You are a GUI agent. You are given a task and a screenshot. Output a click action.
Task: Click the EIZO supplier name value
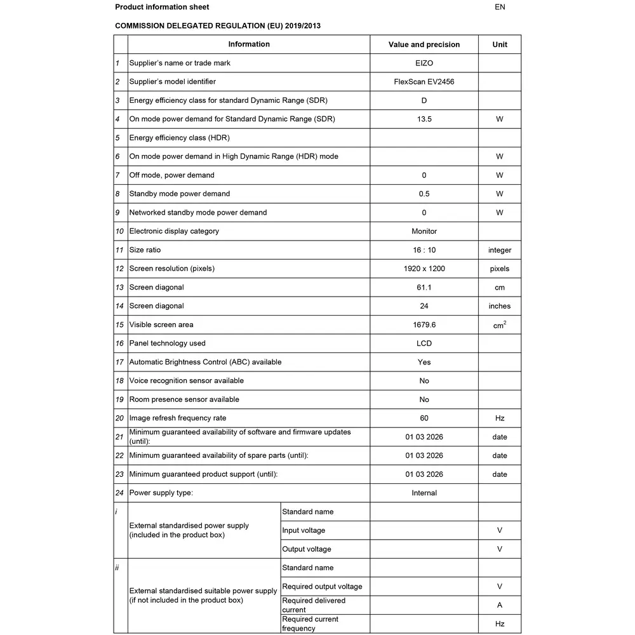click(424, 63)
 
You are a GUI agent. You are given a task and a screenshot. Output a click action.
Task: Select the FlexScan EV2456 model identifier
click(424, 82)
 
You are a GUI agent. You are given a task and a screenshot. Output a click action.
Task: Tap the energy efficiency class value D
click(424, 100)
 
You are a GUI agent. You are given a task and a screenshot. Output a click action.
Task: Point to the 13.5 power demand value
click(424, 119)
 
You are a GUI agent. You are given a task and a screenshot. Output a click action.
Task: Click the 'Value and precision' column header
click(424, 44)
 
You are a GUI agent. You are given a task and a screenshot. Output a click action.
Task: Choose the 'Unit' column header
click(500, 44)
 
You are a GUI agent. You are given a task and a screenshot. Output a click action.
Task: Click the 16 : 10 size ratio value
click(424, 250)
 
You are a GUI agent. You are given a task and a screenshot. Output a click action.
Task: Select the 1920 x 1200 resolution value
click(424, 269)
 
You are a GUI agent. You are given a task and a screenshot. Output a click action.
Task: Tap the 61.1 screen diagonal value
click(424, 288)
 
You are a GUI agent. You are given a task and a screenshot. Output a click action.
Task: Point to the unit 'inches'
click(500, 306)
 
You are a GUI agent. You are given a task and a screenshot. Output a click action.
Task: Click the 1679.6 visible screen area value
click(424, 324)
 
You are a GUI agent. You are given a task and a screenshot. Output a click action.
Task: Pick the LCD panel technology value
click(424, 344)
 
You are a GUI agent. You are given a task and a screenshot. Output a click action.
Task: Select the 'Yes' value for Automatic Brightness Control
click(424, 362)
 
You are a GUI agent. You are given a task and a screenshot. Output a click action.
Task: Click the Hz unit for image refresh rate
click(500, 418)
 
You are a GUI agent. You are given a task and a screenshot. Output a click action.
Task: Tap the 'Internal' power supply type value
click(424, 493)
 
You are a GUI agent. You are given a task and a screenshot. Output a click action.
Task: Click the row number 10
click(119, 231)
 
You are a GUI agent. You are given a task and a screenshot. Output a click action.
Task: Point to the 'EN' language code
click(500, 8)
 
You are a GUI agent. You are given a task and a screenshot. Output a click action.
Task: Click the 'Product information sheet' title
click(162, 8)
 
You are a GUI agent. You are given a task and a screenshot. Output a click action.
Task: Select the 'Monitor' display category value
click(424, 231)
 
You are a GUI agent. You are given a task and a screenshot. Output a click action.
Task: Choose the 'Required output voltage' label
click(322, 587)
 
